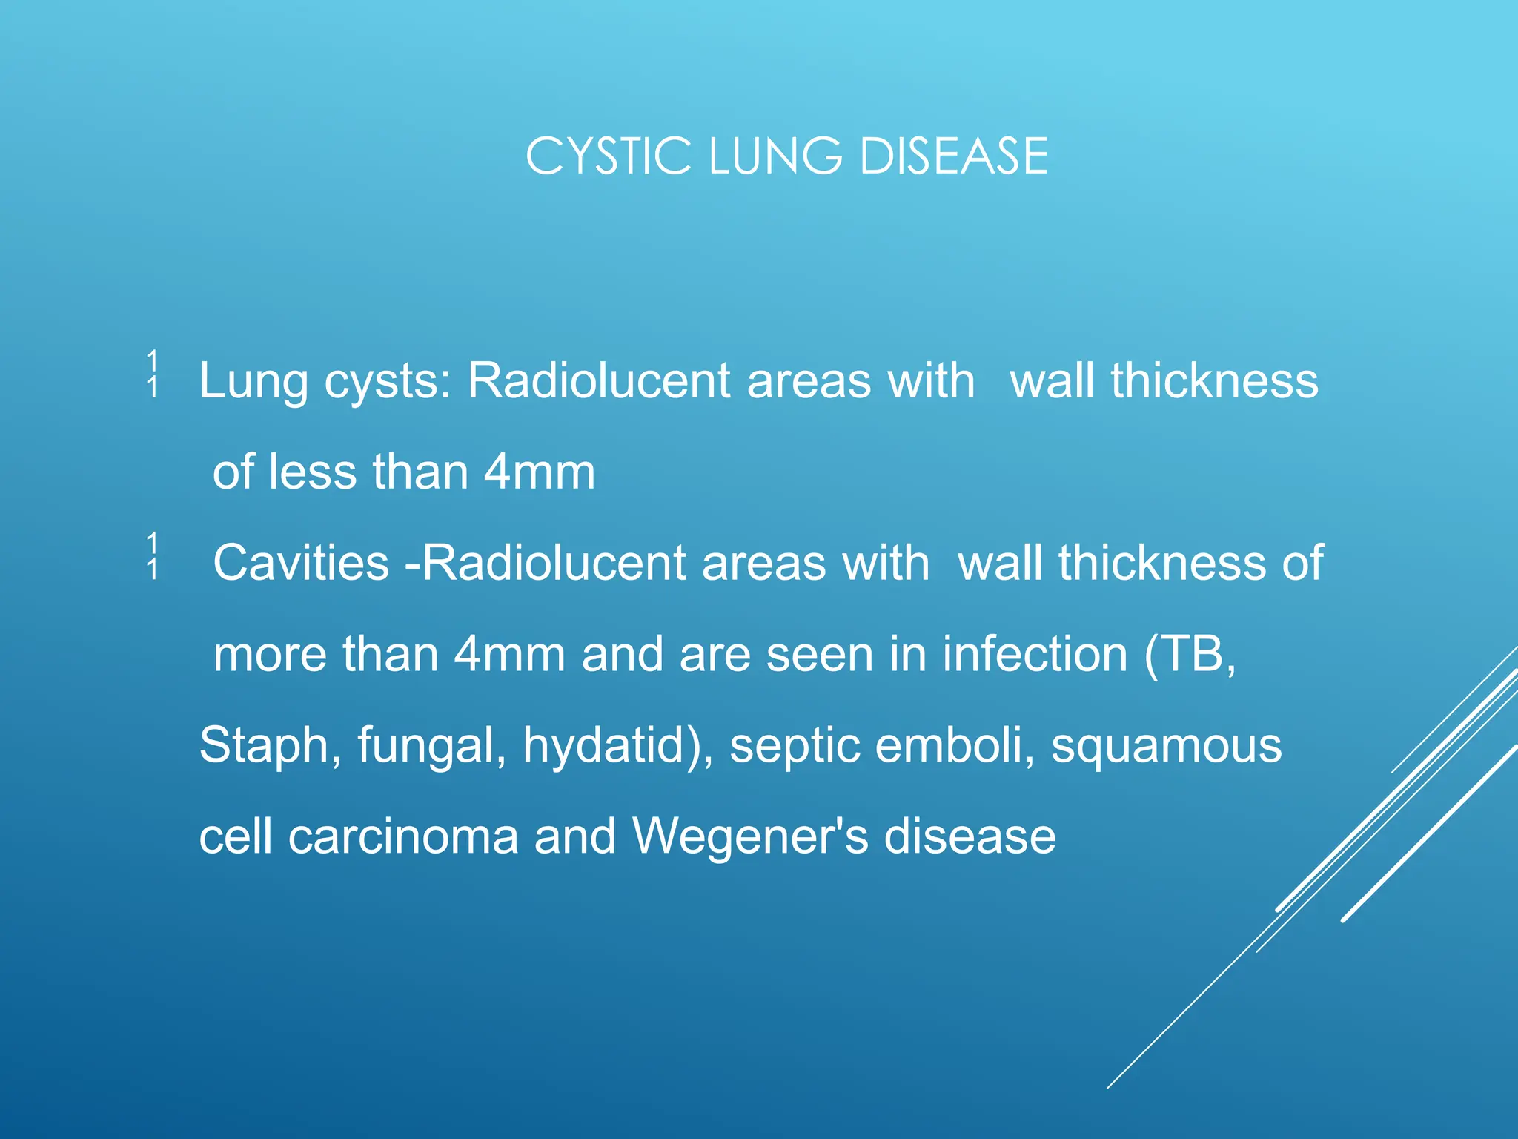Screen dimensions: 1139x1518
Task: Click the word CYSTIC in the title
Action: point(608,156)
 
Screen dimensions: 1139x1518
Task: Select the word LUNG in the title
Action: point(775,156)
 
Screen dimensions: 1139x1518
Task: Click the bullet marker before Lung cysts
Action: point(153,374)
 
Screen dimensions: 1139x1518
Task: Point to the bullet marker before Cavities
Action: point(153,556)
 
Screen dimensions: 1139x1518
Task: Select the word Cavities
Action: point(301,564)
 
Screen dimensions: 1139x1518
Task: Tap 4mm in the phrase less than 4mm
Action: point(540,472)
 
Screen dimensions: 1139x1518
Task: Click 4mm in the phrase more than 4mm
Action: point(510,655)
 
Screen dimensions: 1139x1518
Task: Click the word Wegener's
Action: point(749,837)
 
